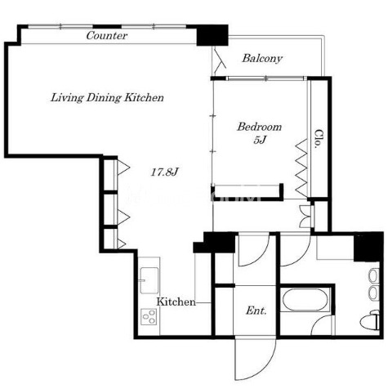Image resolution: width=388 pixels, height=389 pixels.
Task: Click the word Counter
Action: pos(107,35)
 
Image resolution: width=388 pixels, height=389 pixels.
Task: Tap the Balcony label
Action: pos(262,58)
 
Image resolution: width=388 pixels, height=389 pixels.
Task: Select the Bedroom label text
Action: pos(260,127)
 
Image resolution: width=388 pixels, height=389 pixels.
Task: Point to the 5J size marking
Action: pos(260,140)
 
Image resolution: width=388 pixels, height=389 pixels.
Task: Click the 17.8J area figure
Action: pos(164,172)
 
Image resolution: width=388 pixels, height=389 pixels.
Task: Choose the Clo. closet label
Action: pos(319,139)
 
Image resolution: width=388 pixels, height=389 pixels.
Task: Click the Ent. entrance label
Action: pos(256,311)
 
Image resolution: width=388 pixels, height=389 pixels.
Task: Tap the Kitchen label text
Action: pos(176,302)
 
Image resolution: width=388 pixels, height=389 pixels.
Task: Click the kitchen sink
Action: pos(149,280)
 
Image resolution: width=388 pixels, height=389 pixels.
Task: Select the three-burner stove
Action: pos(149,316)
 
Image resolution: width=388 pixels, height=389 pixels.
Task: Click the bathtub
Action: pos(305,300)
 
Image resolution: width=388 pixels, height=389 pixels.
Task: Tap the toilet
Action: pos(370,320)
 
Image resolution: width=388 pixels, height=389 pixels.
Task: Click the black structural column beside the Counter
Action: pos(212,35)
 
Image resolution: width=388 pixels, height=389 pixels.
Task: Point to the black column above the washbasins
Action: pos(368,247)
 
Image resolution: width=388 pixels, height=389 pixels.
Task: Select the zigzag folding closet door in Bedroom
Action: pos(301,168)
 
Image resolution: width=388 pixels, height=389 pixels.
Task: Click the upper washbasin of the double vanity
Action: pos(374,276)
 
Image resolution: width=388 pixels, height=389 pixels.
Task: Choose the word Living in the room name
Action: pos(67,98)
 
